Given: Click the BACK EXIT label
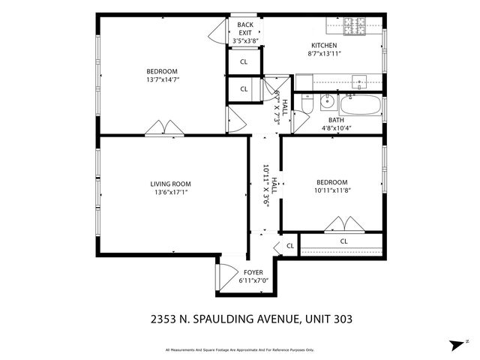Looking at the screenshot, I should (x=245, y=29).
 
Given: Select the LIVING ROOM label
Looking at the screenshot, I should (x=170, y=184).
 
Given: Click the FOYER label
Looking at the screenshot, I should (x=253, y=272).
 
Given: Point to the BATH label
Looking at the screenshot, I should (x=336, y=120).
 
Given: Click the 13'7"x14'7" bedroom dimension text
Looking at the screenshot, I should (x=162, y=79).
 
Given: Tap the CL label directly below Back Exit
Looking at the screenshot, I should (x=244, y=62).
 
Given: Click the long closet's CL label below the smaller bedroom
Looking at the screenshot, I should (x=343, y=241).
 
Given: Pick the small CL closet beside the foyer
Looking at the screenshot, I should (x=289, y=246).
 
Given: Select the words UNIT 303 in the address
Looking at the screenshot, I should (x=327, y=319).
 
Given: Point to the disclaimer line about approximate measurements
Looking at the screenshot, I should (x=240, y=349).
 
